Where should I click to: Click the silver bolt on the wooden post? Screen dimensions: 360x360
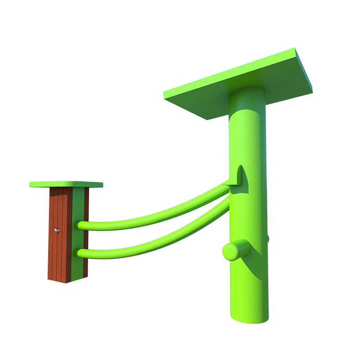(x=57, y=230)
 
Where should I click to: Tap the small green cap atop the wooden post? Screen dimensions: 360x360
(x=66, y=184)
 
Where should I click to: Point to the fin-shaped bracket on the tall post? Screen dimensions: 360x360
(x=241, y=175)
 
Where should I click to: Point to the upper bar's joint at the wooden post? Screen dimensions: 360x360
(x=82, y=225)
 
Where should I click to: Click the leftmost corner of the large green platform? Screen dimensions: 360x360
(x=164, y=95)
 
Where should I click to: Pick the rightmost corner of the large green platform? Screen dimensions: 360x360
(x=311, y=92)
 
